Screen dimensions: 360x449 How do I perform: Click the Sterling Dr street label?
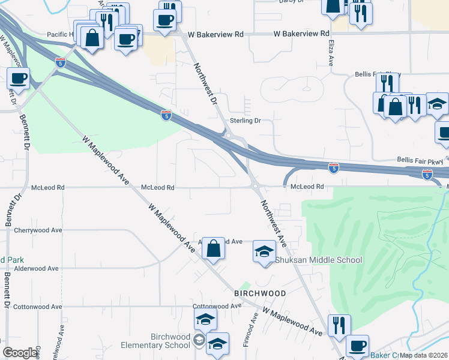tap(246, 121)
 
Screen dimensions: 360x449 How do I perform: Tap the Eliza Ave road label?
tap(331, 53)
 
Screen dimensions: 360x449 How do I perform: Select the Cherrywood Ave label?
tap(38, 230)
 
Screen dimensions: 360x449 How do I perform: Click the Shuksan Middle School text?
tap(319, 260)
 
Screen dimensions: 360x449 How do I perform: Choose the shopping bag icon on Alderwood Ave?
tap(213, 247)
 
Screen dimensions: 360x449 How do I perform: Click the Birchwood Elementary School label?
tap(155, 341)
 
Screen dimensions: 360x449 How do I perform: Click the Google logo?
tap(20, 353)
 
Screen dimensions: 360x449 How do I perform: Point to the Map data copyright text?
tap(424, 355)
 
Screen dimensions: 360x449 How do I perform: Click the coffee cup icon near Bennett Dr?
tap(19, 78)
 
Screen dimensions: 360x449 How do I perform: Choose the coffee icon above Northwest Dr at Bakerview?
tap(166, 19)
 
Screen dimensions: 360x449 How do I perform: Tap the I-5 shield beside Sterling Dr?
tap(166, 115)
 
